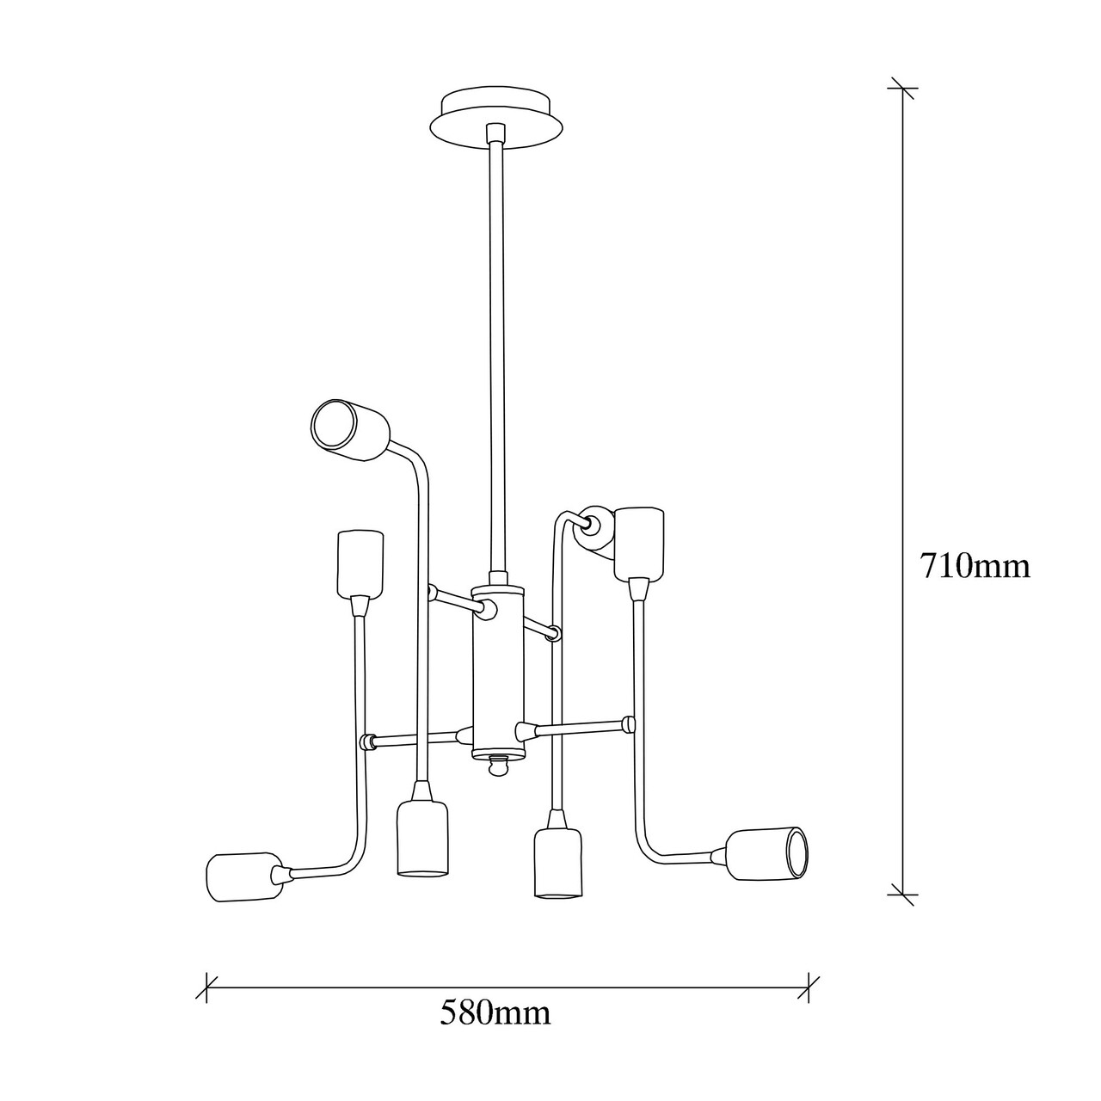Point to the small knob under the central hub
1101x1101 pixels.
point(498,767)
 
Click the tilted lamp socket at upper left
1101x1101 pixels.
point(350,428)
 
